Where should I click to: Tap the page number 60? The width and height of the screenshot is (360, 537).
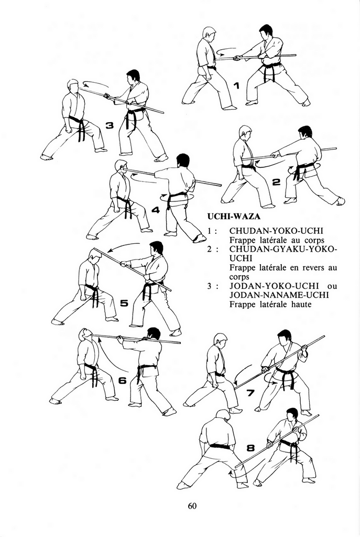[192, 506]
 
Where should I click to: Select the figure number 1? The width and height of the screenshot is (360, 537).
[236, 85]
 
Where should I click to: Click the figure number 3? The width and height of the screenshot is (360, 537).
[109, 126]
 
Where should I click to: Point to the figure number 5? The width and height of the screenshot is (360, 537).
[124, 303]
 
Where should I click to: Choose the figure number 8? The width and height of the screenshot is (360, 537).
[251, 448]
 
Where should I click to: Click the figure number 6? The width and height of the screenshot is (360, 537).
[122, 381]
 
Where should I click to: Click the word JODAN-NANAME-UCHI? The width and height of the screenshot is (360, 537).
[279, 295]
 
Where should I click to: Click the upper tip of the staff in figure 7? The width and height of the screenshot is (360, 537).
[323, 337]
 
